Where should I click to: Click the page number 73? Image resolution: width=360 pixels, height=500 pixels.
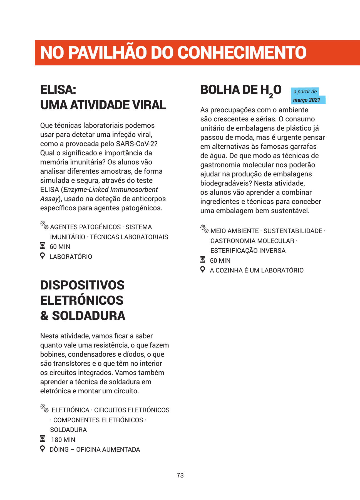pos(180,475)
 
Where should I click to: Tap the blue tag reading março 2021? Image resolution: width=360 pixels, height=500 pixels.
pos(307,100)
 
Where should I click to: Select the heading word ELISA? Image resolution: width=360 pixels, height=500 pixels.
pos(58,90)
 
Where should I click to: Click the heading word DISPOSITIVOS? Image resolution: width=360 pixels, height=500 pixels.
pos(82,285)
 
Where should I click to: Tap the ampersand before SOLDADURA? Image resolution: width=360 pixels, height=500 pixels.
pos(44,316)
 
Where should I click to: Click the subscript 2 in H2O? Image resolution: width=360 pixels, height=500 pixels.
pos(271,96)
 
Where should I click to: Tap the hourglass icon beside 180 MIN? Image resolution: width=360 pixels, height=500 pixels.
pos(43,439)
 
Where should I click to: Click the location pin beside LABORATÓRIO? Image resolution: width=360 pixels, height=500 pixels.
pos(43,256)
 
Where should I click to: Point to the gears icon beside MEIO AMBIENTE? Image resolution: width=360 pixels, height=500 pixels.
pos(204,229)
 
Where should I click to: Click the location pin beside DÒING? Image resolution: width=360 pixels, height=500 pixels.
pos(43,449)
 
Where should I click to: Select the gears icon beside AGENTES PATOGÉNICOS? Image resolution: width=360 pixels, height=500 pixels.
pos(44,225)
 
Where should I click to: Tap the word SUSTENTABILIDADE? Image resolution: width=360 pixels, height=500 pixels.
pos(293,231)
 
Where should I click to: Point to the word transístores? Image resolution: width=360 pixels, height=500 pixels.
pos(72,364)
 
